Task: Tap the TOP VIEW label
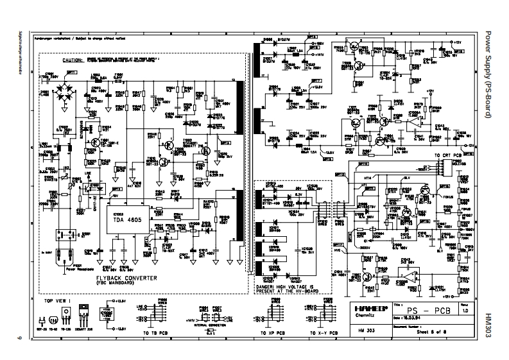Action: [x=56, y=299]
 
